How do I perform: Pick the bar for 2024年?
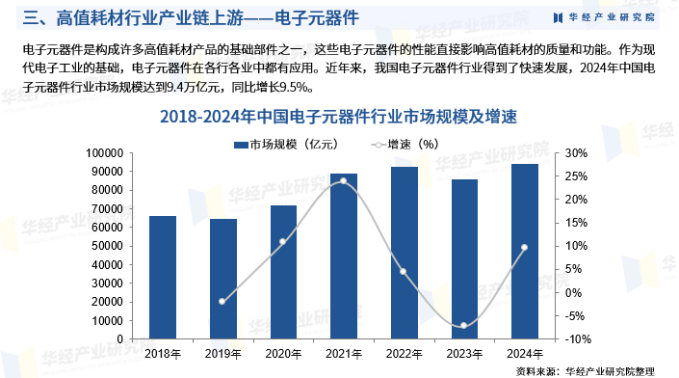click(524, 252)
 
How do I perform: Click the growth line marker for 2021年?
click(344, 180)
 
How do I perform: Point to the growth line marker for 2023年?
click(464, 326)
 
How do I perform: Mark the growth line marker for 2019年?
click(222, 302)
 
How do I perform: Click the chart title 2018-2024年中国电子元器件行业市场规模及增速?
click(339, 117)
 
